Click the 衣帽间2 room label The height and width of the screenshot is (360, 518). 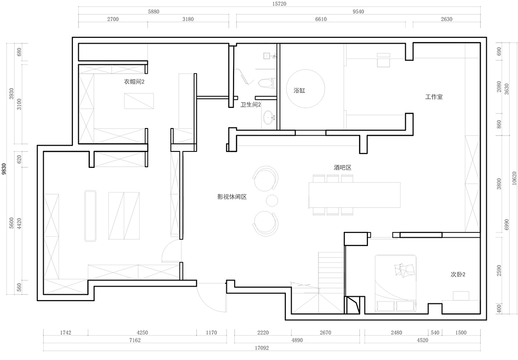pos(134,82)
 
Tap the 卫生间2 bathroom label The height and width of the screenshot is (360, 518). pos(251,105)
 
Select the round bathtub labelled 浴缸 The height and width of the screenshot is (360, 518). pos(306,89)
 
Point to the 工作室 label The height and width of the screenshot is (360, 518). pos(434,97)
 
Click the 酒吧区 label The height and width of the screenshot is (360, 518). pos(342,168)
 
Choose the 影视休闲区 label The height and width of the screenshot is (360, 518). pos(232,197)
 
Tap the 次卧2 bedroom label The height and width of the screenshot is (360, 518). pos(458,275)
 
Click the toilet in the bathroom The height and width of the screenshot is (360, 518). pos(266,82)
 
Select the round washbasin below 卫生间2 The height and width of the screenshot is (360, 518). pos(269,117)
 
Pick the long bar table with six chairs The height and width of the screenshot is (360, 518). pos(354,195)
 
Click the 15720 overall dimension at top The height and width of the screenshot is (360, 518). pos(280,4)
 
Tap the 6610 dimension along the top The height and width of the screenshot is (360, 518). pos(321,19)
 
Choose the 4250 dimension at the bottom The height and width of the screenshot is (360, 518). pos(142,333)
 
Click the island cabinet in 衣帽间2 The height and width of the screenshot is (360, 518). pos(139,101)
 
